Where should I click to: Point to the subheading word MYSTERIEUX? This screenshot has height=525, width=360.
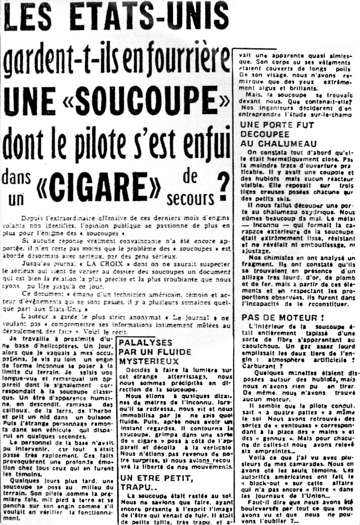point(147,361)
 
